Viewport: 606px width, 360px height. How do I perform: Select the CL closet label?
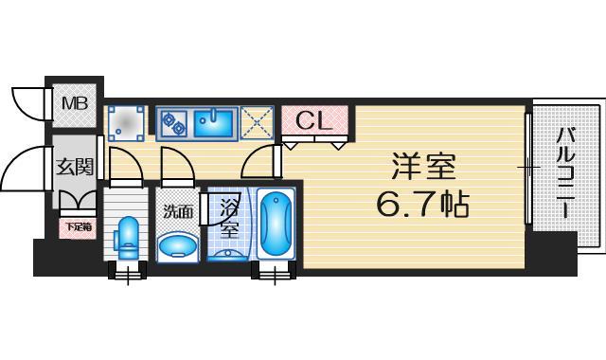(312, 120)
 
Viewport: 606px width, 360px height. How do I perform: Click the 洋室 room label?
(424, 168)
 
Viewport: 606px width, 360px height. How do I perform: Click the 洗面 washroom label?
(178, 211)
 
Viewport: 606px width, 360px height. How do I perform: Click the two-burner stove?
(173, 122)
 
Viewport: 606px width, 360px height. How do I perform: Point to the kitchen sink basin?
(214, 122)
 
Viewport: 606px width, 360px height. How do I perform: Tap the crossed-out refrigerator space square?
(255, 122)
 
